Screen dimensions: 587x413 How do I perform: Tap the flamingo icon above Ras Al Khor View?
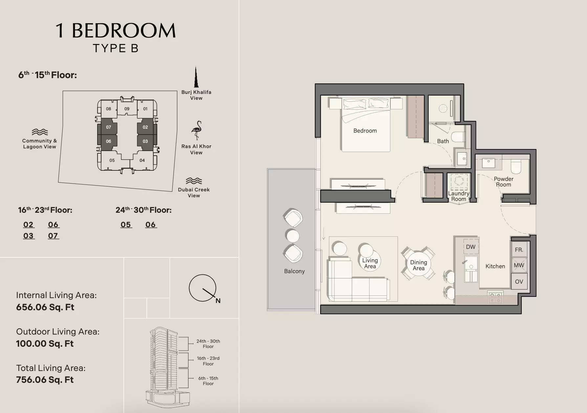pos(197,130)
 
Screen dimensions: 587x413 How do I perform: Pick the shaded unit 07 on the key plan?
pos(109,127)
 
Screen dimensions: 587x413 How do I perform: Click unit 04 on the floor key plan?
pos(142,160)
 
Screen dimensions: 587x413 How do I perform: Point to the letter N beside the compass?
pos(218,301)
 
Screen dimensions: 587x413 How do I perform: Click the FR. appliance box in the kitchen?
pos(519,250)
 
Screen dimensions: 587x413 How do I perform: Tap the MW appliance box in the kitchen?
pos(519,265)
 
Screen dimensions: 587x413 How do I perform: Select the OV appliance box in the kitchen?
pos(519,281)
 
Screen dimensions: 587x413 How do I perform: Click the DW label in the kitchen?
pos(471,247)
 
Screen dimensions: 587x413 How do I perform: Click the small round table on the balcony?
pos(293,236)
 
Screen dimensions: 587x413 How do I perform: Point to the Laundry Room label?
pos(459,196)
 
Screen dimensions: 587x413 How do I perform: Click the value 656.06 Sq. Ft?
pos(45,307)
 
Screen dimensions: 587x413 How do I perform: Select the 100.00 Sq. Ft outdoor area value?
pos(45,344)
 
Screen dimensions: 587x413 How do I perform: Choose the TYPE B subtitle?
pos(116,48)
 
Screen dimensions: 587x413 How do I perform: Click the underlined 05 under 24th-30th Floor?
pos(126,225)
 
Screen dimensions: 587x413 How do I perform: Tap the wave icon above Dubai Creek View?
pos(194,181)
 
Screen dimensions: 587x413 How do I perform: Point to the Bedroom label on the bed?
pos(365,131)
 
